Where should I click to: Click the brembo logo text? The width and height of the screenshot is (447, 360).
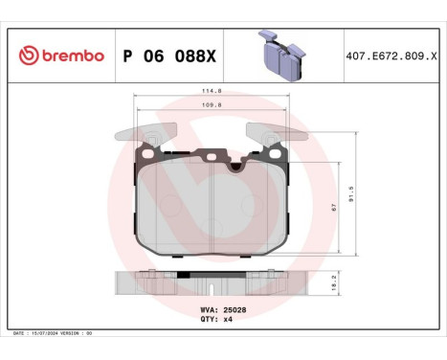[x=73, y=56]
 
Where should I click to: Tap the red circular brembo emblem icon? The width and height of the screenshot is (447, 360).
[x=27, y=56]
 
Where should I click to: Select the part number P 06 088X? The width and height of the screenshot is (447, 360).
[x=170, y=56]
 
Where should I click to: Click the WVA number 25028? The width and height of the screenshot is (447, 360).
[x=235, y=310]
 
